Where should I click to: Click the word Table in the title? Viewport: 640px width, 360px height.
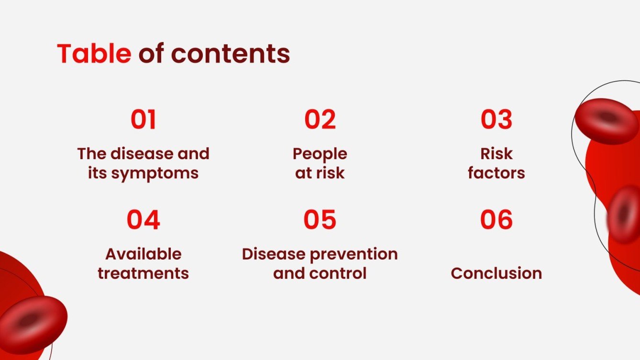pos(94,54)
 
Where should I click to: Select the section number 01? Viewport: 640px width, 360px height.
pos(143,120)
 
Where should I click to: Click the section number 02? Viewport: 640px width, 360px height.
pos(320,120)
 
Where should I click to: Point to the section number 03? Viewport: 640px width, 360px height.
pos(497,120)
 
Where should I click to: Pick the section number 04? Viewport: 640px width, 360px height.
pos(143,219)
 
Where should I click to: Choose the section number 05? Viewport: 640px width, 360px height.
pos(320,219)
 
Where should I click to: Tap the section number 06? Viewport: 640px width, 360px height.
pos(497,219)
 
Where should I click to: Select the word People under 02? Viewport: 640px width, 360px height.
pos(320,154)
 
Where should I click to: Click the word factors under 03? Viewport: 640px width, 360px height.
pos(497,173)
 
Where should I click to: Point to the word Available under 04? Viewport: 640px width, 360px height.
pos(143,254)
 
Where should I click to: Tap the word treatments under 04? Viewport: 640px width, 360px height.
pos(143,273)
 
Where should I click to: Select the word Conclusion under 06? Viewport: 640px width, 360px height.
pos(497,273)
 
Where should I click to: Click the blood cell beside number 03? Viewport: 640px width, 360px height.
pos(607,120)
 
